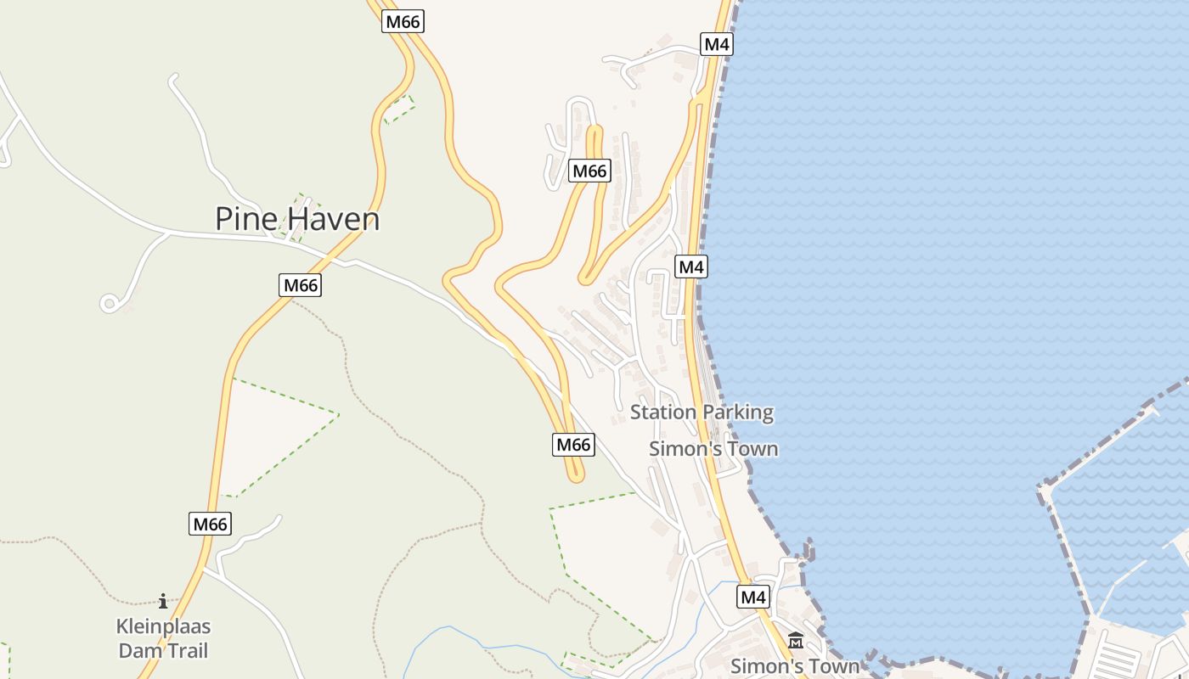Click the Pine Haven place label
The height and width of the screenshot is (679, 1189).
click(x=296, y=219)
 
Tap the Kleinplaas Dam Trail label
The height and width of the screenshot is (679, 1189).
click(x=163, y=639)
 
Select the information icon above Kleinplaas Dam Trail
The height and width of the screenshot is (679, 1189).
click(x=163, y=602)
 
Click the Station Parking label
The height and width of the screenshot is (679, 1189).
click(x=702, y=413)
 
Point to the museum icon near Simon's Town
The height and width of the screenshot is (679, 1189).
click(x=796, y=641)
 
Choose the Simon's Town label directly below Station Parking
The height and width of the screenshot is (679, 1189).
click(x=713, y=449)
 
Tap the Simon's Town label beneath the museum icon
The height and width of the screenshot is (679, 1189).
click(x=794, y=666)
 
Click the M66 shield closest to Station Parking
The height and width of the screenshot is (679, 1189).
click(x=574, y=444)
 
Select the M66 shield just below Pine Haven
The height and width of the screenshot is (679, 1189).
click(x=300, y=285)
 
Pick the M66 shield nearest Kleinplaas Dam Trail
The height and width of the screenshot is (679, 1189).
click(x=210, y=524)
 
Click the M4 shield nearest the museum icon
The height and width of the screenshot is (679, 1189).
click(x=753, y=598)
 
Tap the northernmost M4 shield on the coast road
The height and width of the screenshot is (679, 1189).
click(x=716, y=44)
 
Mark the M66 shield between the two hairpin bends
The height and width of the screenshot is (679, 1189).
click(x=589, y=171)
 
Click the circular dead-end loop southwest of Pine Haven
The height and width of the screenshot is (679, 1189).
click(x=109, y=303)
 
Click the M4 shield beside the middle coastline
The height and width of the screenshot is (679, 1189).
click(x=691, y=267)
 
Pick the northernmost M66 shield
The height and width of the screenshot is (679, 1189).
click(x=403, y=21)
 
